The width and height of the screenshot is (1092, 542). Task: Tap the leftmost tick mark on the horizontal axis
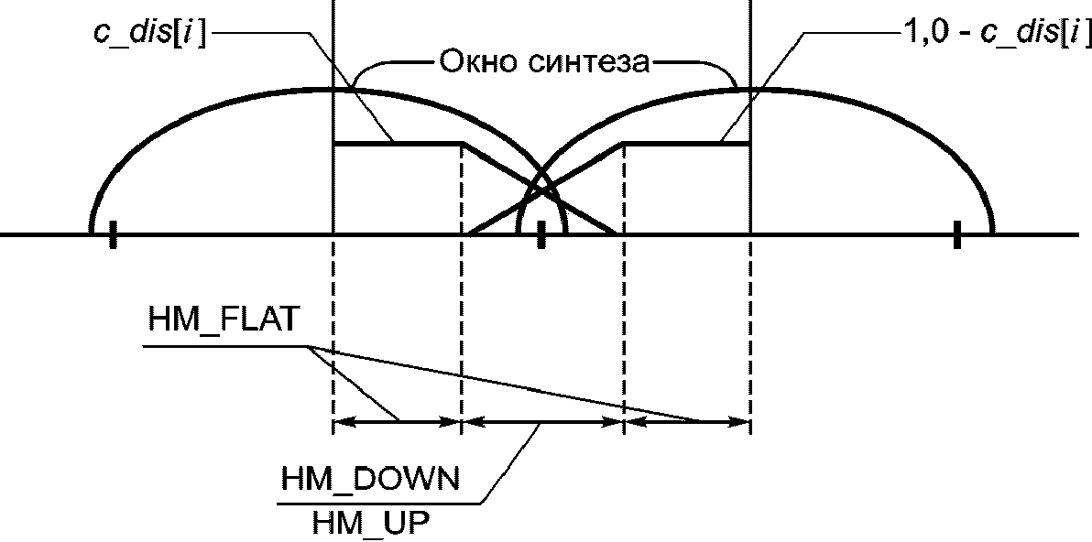(112, 234)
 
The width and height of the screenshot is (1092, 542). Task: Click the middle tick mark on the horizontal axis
(541, 234)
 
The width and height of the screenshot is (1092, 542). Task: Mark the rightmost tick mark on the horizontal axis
(955, 234)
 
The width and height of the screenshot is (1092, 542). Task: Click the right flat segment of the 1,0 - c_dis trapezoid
(686, 143)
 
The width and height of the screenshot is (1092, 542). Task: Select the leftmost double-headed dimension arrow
(396, 422)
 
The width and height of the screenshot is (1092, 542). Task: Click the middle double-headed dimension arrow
(541, 422)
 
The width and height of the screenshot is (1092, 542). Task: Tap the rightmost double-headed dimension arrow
(686, 422)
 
